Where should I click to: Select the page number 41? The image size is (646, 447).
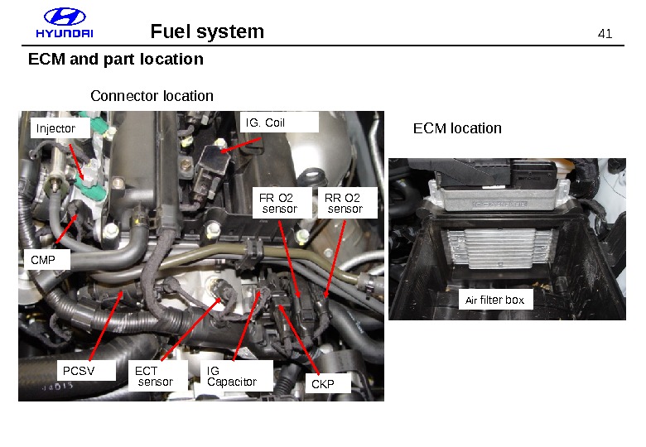605,34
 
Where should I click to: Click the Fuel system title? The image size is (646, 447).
207,31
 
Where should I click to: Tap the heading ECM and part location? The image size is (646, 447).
116,60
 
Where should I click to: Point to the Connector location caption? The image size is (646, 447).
152,96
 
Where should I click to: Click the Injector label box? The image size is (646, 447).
59,128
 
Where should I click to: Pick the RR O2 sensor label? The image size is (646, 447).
346,203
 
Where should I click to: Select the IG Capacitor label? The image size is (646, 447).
237,377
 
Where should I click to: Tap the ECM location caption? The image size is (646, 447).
457,128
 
